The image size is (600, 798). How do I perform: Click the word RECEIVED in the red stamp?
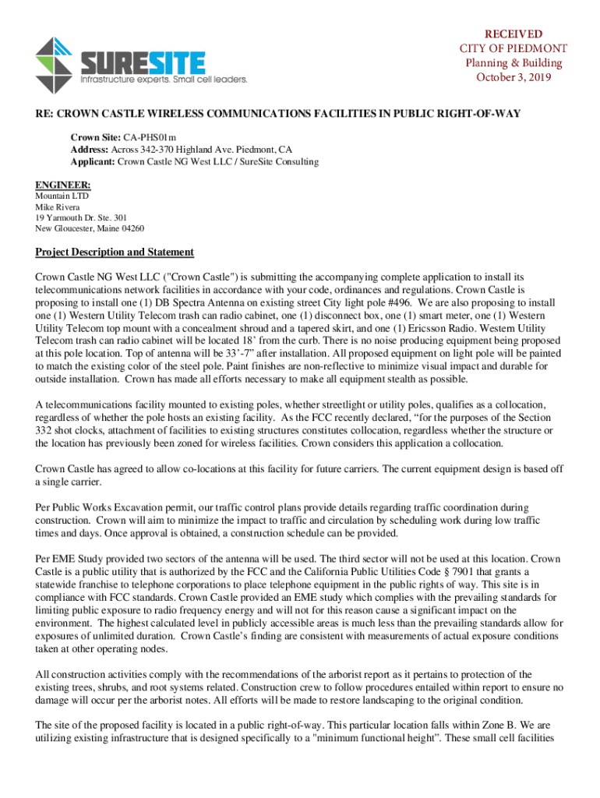[x=514, y=34]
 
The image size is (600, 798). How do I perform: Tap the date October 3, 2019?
[x=514, y=77]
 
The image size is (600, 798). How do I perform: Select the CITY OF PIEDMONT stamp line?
[x=514, y=48]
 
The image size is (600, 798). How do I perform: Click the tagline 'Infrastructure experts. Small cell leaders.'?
[x=164, y=79]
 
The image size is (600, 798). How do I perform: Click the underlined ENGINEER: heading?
[x=63, y=185]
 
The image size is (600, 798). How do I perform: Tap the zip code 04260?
[x=129, y=229]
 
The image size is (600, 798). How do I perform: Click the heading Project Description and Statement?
[x=115, y=252]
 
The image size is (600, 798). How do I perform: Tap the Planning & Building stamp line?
[x=514, y=63]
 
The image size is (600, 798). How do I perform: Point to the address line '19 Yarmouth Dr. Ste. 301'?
[x=81, y=218]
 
